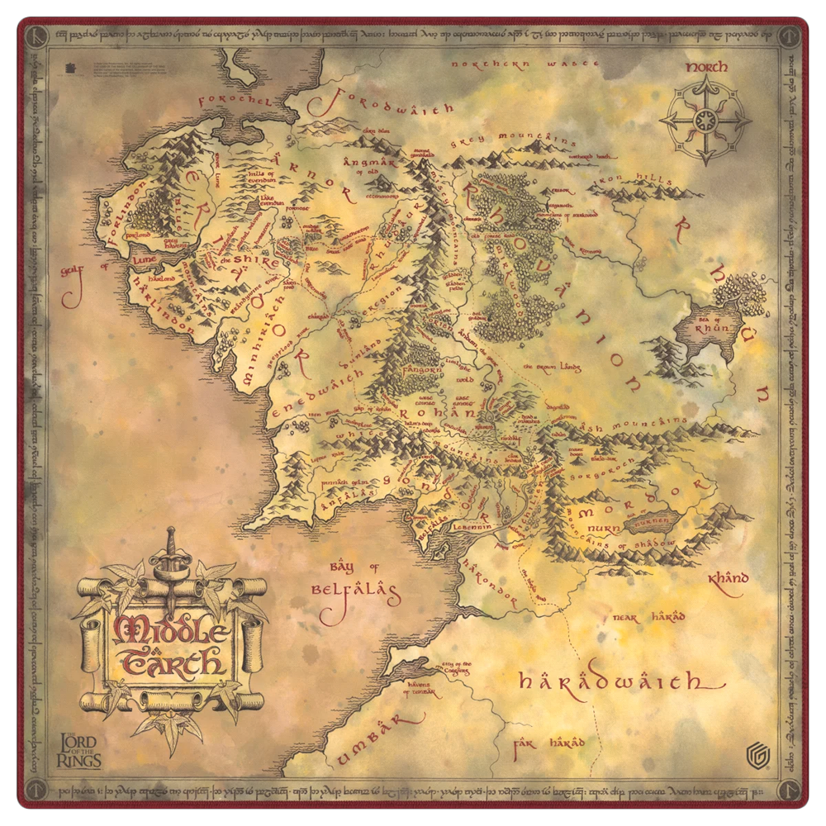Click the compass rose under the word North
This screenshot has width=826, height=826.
(x=705, y=121)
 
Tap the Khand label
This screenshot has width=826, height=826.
(x=727, y=579)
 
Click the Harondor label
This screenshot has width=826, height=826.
(x=491, y=582)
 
